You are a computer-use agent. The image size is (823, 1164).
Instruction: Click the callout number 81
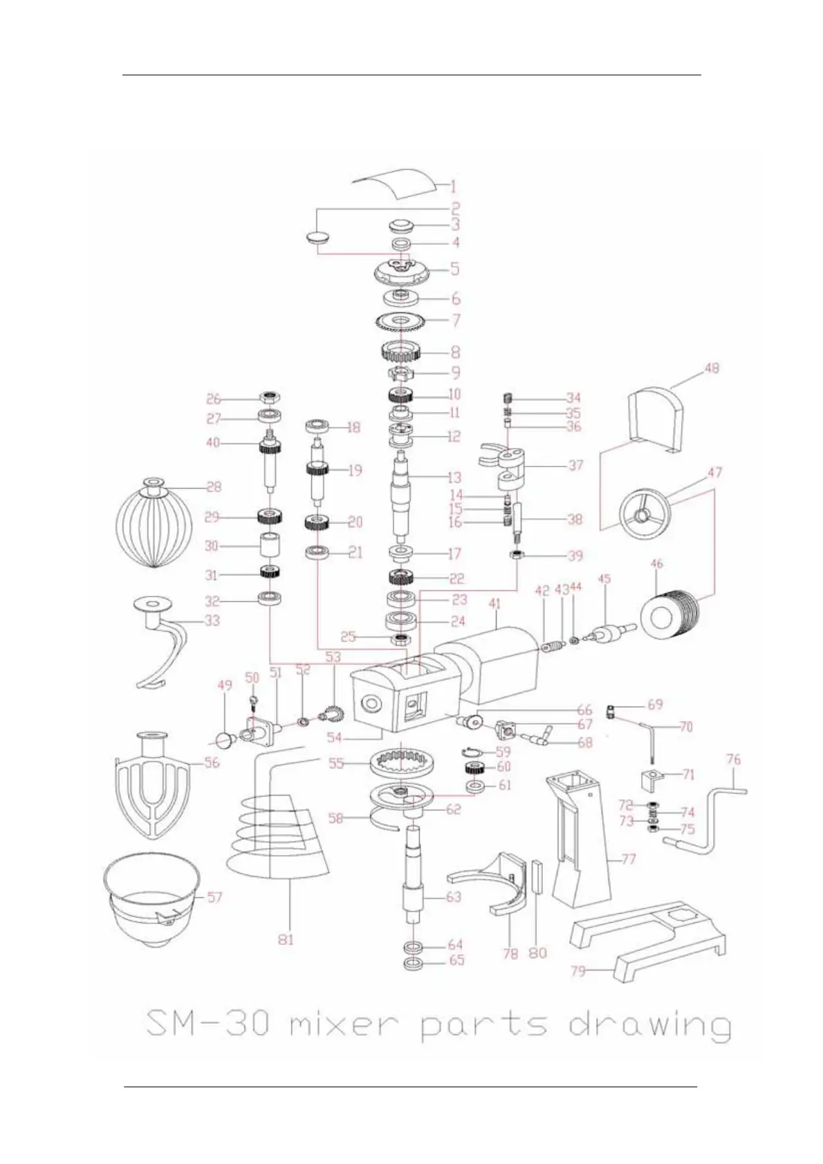pos(286,939)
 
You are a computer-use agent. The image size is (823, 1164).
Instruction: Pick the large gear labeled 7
pos(400,321)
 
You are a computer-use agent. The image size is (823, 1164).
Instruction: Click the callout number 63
pos(454,897)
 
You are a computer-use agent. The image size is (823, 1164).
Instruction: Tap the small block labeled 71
pos(654,778)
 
